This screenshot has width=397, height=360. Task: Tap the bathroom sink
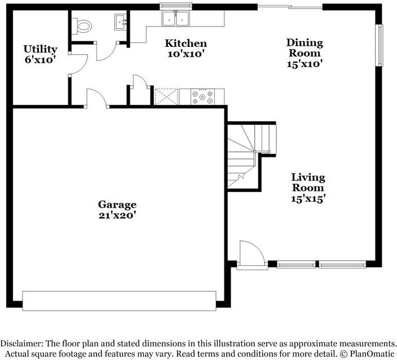121,22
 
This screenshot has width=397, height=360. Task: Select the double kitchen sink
175,18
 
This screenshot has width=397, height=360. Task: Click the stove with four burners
202,97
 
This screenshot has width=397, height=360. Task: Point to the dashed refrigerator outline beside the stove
166,97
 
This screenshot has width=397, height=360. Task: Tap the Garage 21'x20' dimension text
117,215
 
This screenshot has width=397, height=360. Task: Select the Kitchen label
186,43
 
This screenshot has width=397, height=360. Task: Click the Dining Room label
305,48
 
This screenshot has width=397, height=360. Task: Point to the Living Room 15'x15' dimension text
308,199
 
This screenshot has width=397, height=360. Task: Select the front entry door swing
252,253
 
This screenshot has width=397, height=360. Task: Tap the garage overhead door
119,301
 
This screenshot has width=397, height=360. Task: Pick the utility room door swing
78,64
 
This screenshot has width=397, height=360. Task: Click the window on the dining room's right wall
379,45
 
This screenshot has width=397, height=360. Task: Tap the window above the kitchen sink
176,6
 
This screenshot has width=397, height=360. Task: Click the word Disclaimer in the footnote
22,344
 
